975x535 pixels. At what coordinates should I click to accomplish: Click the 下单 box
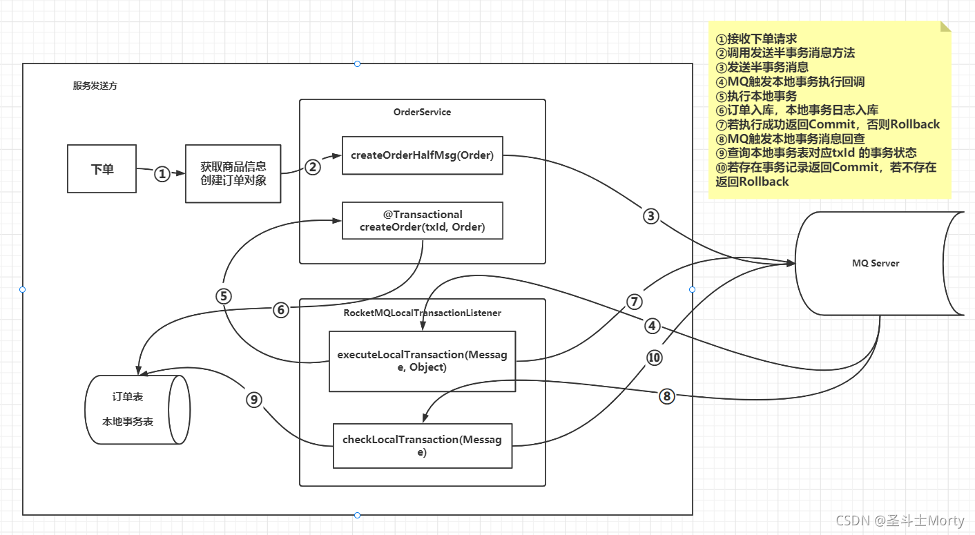(102, 168)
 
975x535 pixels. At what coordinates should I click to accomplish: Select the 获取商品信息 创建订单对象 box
(233, 173)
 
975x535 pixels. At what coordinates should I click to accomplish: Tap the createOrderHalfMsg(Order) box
(422, 155)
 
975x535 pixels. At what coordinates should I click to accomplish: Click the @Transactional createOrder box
(422, 221)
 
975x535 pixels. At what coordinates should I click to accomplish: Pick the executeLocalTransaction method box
(422, 361)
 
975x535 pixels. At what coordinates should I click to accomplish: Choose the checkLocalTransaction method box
(422, 446)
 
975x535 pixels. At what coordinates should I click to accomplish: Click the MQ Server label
(876, 263)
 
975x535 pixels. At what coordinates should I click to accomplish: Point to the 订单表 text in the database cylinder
(128, 397)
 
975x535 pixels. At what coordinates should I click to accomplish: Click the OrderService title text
(422, 112)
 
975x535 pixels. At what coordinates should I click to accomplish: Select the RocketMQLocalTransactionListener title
(422, 313)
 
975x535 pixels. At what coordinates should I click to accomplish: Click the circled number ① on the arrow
(162, 174)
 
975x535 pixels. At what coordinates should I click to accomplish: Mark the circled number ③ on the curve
(651, 217)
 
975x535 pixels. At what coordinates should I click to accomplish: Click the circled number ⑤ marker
(223, 295)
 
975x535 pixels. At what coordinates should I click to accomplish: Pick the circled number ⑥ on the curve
(280, 310)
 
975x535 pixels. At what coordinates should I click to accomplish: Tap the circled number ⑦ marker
(635, 302)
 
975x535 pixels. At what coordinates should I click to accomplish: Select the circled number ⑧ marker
(666, 396)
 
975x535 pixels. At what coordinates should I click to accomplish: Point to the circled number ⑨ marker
(253, 399)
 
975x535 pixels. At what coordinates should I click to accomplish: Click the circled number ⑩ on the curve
(653, 358)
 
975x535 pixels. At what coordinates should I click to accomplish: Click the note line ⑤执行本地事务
(756, 96)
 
